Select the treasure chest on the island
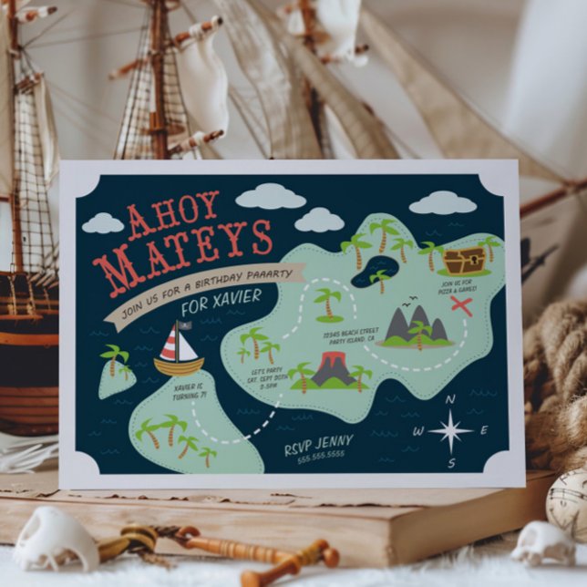coord(464,261)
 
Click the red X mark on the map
coord(462,305)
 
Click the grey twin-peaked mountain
coord(416,326)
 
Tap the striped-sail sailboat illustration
coord(179,350)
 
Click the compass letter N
coord(449,400)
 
